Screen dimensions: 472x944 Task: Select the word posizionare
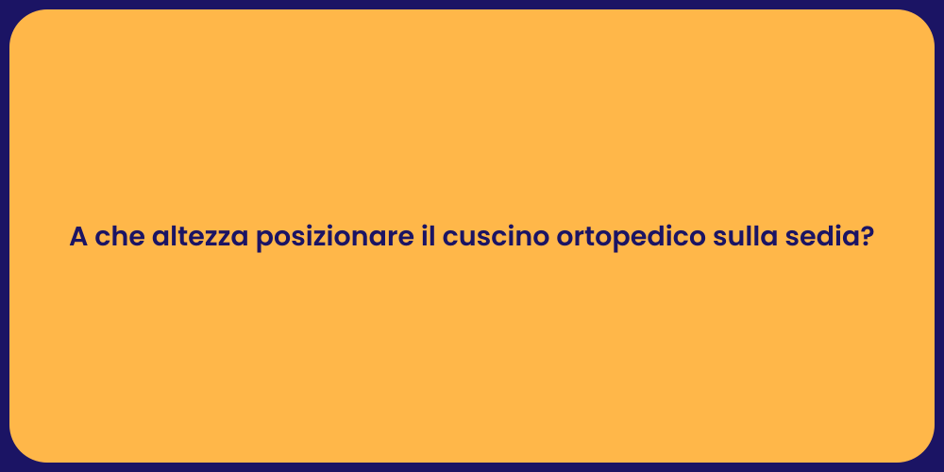[x=334, y=238]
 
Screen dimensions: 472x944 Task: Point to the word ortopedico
[x=628, y=238]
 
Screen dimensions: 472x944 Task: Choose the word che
[x=115, y=238]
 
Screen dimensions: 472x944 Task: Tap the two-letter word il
[x=429, y=238]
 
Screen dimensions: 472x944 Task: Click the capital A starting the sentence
[x=78, y=238]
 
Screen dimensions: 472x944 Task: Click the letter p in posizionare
[x=264, y=241]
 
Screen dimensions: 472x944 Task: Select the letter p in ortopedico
[x=611, y=241]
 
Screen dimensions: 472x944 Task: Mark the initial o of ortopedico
[x=565, y=240]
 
